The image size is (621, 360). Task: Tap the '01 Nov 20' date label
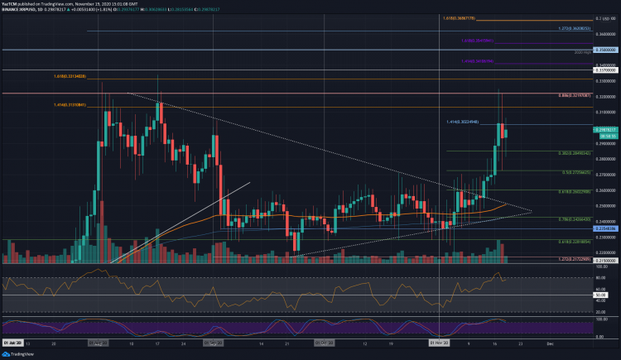click(440, 340)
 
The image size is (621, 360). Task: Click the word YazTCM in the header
click(12, 4)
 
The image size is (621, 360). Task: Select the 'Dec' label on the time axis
click(549, 340)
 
